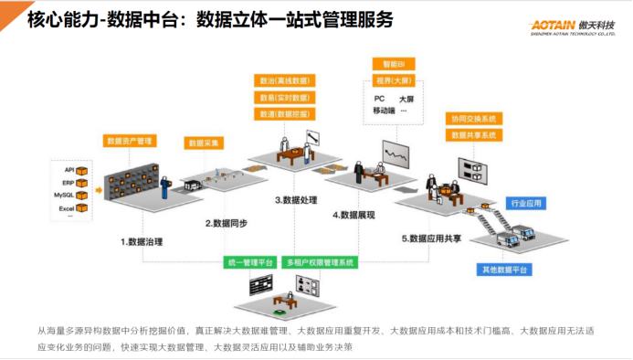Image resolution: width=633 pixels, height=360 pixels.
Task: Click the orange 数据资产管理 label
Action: click(x=130, y=141)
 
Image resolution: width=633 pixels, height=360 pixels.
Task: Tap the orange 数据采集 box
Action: click(x=205, y=143)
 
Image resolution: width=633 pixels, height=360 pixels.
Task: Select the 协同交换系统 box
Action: click(x=472, y=119)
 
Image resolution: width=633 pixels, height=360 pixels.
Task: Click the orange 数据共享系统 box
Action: click(x=472, y=135)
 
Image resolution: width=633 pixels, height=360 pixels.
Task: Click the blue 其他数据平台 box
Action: click(x=505, y=270)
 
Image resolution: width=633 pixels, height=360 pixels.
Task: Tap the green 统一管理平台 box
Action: click(x=250, y=262)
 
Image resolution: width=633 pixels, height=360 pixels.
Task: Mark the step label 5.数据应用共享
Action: click(x=434, y=238)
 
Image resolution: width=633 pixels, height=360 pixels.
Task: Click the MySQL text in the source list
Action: click(x=63, y=195)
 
